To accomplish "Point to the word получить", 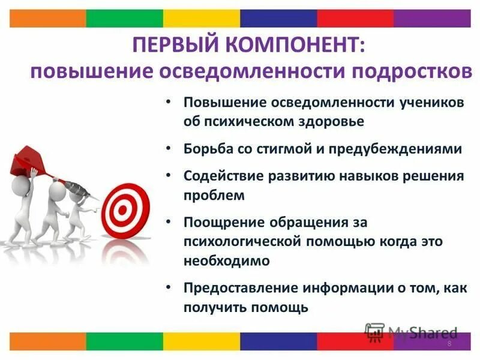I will (211, 307).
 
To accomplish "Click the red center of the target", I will (123, 210).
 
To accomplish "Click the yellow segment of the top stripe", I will (201, 19).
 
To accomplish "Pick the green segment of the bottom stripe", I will (124, 341).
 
